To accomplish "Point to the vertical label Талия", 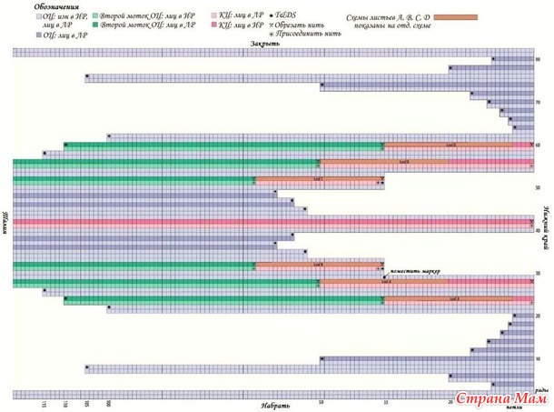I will point(6,222).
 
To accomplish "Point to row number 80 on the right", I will point(539,60).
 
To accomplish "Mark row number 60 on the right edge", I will point(539,145).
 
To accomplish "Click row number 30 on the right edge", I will point(539,273).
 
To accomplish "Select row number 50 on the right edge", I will point(539,187).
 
